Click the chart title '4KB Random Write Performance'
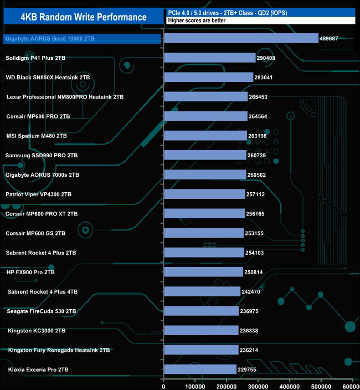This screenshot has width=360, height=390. pos(84,17)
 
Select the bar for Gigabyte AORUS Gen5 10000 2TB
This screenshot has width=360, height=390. pos(241,38)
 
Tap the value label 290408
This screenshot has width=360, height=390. pos(269,58)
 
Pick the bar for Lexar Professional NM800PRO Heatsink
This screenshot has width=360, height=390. pos(205,96)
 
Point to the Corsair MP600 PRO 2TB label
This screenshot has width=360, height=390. pos(38,116)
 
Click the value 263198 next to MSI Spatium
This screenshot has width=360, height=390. pos(261,136)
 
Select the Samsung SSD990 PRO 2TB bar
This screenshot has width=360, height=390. pos(205,155)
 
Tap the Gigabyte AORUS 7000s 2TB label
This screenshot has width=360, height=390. pos(42,175)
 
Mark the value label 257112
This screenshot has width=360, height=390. pos(259,194)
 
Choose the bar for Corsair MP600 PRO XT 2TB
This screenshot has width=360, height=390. pos(204,213)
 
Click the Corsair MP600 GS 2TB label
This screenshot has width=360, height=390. pos(35,233)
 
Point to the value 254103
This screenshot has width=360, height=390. pos(257,253)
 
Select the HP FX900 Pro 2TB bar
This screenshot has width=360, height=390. pos(203,272)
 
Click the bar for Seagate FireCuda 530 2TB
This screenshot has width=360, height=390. pos(201,311)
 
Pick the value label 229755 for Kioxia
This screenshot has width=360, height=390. pos(250,369)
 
